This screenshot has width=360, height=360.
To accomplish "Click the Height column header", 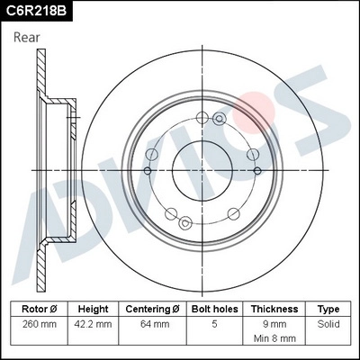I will click(x=94, y=308).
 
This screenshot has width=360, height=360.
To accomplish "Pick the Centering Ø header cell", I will click(x=153, y=308).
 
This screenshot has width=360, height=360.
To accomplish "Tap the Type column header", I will click(x=328, y=308).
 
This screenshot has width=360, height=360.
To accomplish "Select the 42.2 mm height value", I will click(x=94, y=322).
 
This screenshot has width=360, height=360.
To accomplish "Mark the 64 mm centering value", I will click(x=153, y=322).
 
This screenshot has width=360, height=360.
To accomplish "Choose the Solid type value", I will click(x=328, y=322).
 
